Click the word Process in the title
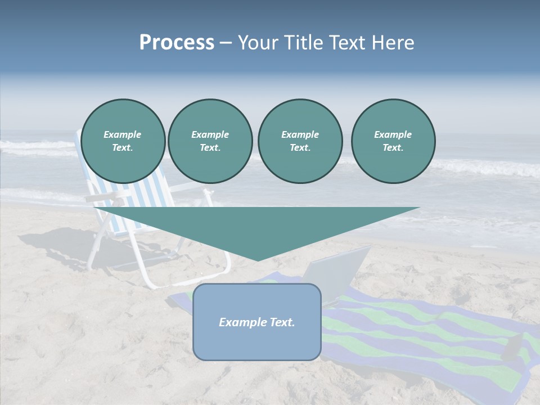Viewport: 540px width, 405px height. (x=177, y=43)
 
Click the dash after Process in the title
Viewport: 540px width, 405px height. (x=226, y=43)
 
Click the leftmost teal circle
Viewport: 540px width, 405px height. (x=123, y=141)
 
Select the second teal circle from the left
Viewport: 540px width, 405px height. (x=210, y=141)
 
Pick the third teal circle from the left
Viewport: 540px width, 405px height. (x=300, y=141)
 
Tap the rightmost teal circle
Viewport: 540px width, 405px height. (x=393, y=141)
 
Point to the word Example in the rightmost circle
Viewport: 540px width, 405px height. (x=393, y=134)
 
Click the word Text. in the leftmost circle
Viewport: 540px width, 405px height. (x=123, y=148)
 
